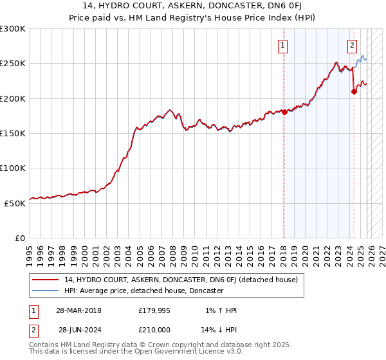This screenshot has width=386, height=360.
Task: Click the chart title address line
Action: click(192, 6)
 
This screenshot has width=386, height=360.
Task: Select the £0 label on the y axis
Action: click(20, 238)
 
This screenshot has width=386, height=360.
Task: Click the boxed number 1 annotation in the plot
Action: click(283, 45)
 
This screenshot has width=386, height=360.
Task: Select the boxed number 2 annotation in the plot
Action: click(353, 45)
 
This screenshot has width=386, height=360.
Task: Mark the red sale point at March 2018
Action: click(284, 112)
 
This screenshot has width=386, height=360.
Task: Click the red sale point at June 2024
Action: click(354, 91)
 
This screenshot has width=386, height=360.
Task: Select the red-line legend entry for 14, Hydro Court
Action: click(181, 280)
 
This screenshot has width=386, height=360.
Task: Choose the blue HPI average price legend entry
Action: click(143, 291)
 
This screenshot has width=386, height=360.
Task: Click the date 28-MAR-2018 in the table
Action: click(78, 310)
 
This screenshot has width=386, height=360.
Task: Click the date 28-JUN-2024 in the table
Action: click(78, 330)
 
